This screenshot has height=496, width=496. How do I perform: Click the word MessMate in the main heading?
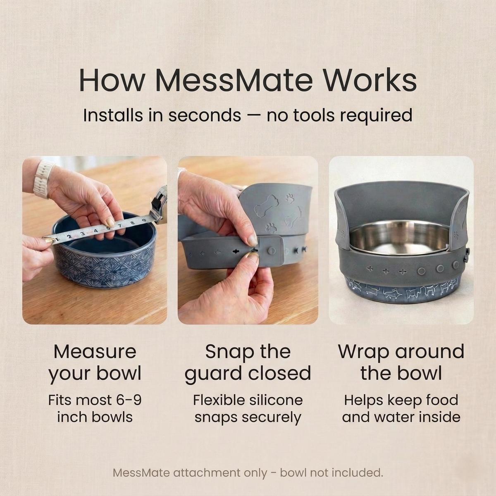pos(234,79)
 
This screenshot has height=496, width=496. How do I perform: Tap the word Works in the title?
pos(370,79)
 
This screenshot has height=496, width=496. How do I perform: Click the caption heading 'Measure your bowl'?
pos(95,362)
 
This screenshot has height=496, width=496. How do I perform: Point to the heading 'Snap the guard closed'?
pos(248,362)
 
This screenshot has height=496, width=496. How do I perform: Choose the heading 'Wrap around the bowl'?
pos(401,362)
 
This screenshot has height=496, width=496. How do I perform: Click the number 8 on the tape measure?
pos(132,223)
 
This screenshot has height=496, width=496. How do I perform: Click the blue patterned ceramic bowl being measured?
pos(104,250)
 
